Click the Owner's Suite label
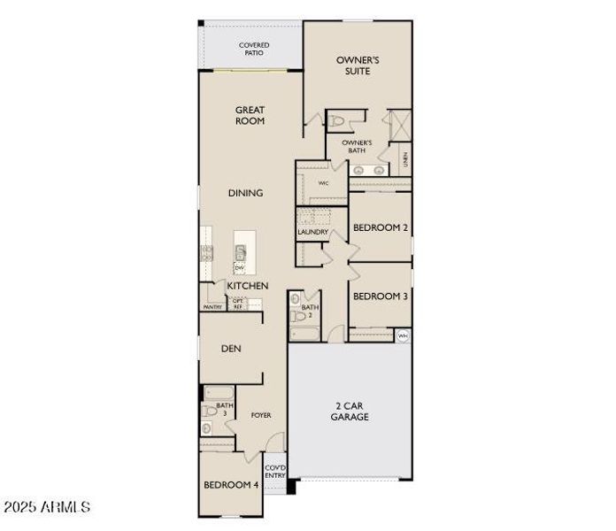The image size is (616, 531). (358, 65)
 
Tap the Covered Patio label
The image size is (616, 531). (254, 50)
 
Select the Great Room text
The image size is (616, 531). (250, 115)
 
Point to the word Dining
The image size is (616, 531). (245, 193)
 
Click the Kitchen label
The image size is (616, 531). (248, 286)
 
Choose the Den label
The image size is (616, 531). (230, 349)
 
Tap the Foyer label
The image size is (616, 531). (261, 414)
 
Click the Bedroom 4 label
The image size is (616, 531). (231, 485)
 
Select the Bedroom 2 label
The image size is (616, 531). (381, 227)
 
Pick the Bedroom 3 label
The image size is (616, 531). (381, 296)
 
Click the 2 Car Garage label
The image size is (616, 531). (351, 411)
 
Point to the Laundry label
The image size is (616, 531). (313, 232)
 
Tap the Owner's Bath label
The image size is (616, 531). (357, 146)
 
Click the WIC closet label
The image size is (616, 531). (323, 182)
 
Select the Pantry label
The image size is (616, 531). (212, 307)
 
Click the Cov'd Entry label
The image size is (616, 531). (275, 472)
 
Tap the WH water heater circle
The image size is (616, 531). (404, 335)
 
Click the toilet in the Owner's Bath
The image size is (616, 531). (337, 121)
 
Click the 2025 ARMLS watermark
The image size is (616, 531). (47, 507)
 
